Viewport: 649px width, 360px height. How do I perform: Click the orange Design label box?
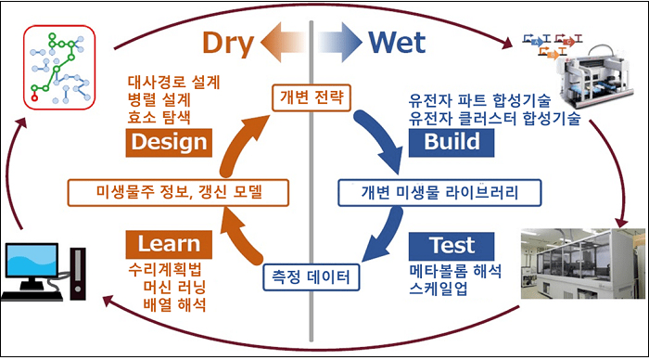coord(168,142)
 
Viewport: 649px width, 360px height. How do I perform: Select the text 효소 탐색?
coord(155,117)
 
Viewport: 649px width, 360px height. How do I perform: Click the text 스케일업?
coord(439,289)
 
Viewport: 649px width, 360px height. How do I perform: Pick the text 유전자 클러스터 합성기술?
coord(495,117)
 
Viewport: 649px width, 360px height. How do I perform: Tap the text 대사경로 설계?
coord(173,80)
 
